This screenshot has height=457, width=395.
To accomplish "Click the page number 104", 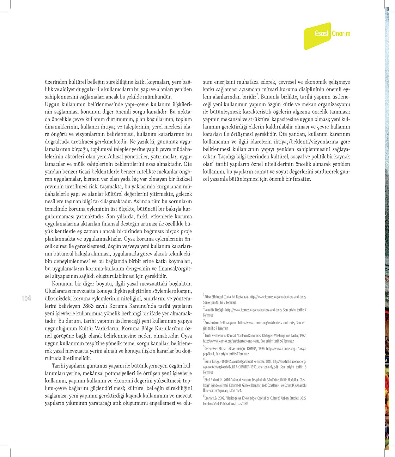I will pyautogui.click(x=26, y=299).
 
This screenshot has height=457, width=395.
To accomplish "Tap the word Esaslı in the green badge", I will pyautogui.click(x=322, y=34).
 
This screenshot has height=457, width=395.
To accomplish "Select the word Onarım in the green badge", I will pyautogui.click(x=341, y=34).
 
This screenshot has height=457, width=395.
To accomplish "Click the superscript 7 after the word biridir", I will pyautogui.click(x=257, y=95).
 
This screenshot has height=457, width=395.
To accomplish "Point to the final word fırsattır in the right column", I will pyautogui.click(x=300, y=179).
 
